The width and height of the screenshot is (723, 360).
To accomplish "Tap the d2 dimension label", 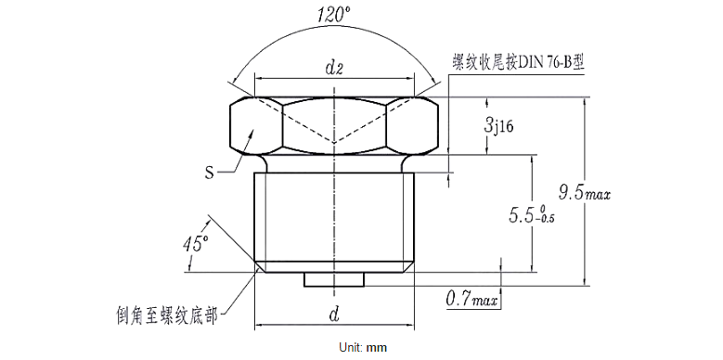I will pos(334,67).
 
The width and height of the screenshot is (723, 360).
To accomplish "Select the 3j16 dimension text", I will pos(498,126).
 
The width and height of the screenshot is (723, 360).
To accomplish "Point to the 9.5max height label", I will pos(591,193).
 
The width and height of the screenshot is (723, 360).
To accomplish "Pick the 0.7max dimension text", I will pos(471,300).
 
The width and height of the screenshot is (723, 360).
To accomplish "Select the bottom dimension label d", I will pos(333,315).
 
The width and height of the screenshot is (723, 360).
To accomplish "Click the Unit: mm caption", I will pos(361,348).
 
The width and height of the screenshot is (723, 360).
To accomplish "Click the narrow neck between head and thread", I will pos(333,163).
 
